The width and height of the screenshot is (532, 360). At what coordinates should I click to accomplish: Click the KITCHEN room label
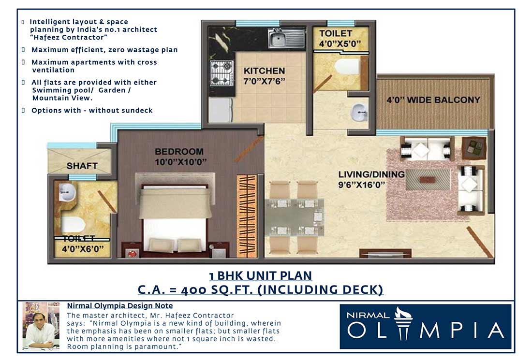pos(264,71)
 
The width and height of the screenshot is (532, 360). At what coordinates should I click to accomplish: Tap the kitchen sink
pos(286,38)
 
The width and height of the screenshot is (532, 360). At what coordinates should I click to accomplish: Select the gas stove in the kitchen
pos(222,72)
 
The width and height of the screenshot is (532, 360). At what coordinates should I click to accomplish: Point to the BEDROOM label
pos(179,152)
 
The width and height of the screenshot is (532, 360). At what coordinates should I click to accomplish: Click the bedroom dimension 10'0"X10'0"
pos(181,162)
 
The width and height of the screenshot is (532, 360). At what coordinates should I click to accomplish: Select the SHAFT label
pos(82,166)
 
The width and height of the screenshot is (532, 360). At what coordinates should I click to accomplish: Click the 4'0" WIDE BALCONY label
pos(433,100)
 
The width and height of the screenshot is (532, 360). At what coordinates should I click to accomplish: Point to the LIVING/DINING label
pos(371,174)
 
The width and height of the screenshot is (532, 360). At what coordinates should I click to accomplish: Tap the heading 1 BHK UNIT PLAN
pos(260,276)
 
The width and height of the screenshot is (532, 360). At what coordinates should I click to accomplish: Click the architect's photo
pos(41,325)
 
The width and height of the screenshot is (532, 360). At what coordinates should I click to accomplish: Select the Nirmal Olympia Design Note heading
pos(119,306)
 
